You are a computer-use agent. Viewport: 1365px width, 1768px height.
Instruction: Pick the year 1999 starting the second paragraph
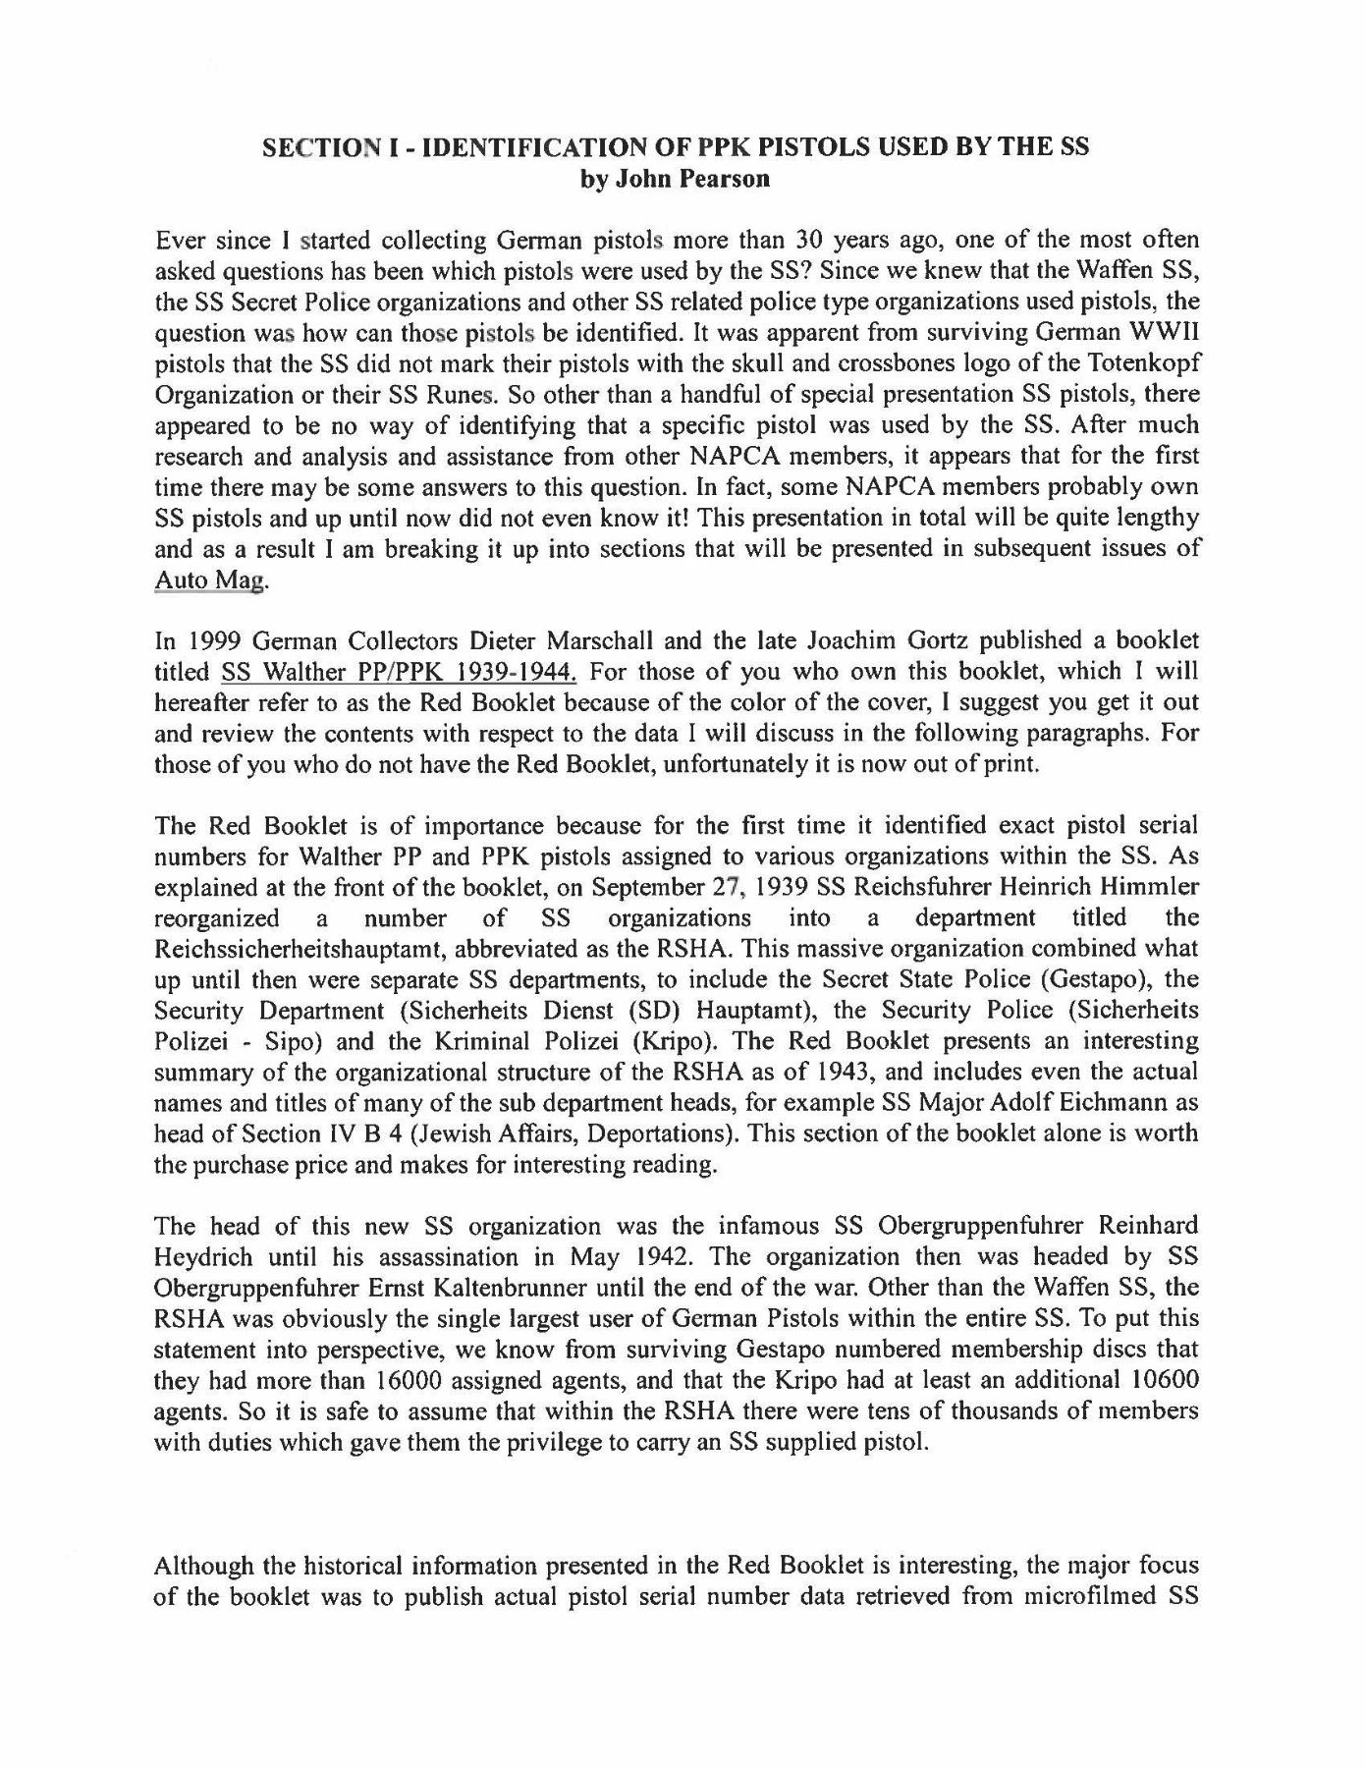210,640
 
